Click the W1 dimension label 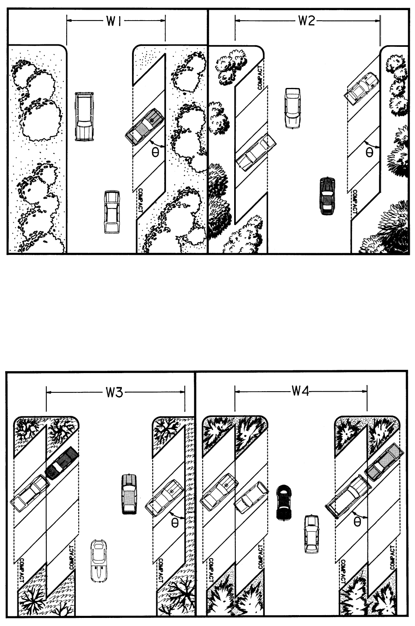[113, 21]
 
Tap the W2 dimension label [306, 21]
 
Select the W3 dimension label [114, 392]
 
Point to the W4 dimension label [300, 392]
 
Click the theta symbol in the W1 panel [155, 152]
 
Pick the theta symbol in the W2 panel [369, 152]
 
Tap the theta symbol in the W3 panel [175, 523]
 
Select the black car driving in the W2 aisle [327, 196]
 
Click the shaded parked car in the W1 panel [144, 127]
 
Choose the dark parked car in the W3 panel [61, 463]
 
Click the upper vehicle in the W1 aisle [84, 116]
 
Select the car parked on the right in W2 [361, 88]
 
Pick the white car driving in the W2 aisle [293, 108]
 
